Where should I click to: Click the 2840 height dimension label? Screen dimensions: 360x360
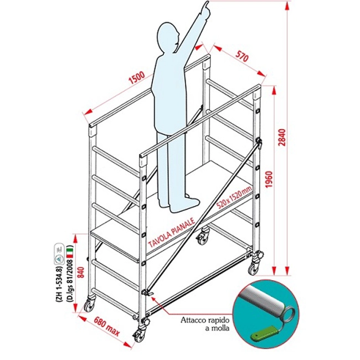[x=282, y=137]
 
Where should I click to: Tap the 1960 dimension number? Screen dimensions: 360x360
[x=269, y=179]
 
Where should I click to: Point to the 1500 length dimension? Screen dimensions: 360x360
[x=137, y=78]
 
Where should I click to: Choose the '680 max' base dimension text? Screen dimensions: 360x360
[x=107, y=326]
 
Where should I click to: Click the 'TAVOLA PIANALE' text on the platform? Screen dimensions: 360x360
[x=172, y=233]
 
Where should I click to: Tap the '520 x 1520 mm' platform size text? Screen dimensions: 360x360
[x=234, y=197]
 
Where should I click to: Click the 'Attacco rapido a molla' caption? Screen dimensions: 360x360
[x=205, y=324]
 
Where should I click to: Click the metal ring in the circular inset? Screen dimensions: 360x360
[x=290, y=315]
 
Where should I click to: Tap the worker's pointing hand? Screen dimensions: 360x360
[x=204, y=8]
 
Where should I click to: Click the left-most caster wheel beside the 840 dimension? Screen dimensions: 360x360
[x=89, y=305]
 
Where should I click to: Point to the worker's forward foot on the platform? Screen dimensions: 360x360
[x=185, y=205]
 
